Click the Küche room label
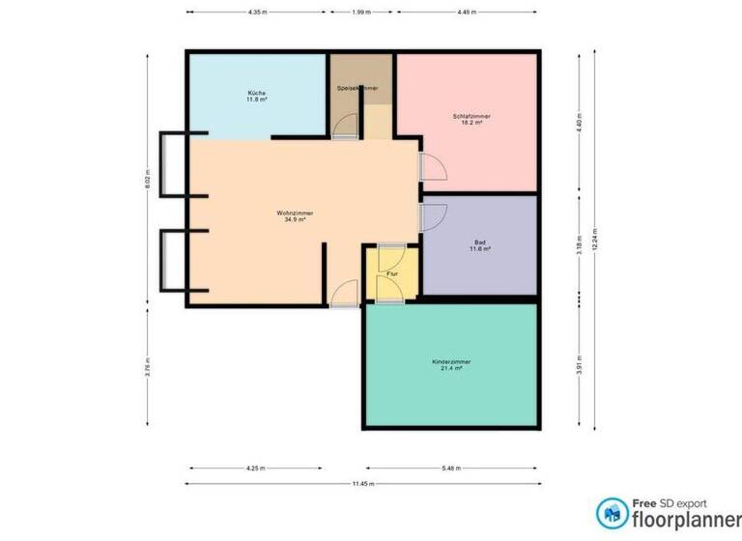[x=256, y=96]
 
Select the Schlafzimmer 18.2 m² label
[x=471, y=120]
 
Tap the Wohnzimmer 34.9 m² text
[x=295, y=215]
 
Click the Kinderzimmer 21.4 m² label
[x=451, y=365]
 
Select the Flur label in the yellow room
[x=391, y=274]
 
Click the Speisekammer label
[x=357, y=88]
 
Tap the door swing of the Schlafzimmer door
[x=432, y=167]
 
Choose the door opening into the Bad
[x=432, y=216]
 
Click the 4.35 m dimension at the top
[x=256, y=13]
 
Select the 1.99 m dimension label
[x=358, y=13]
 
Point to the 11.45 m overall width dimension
[x=363, y=483]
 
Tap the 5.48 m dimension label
[x=451, y=468]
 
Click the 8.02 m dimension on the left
[x=149, y=180]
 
